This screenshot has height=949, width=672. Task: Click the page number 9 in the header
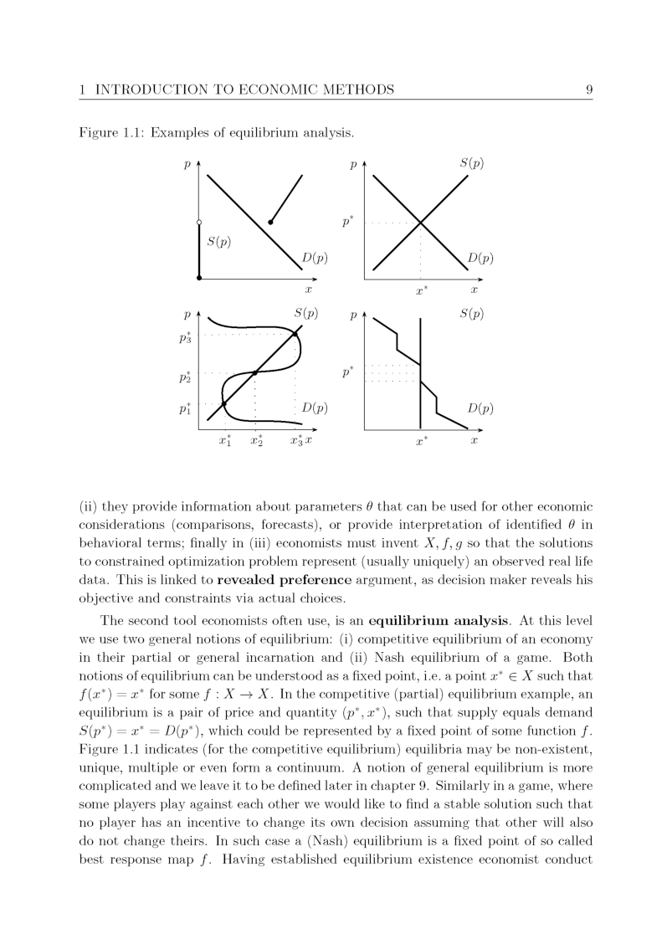point(589,90)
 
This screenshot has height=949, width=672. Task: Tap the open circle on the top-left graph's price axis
point(199,222)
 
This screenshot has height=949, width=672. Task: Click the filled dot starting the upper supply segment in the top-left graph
point(269,222)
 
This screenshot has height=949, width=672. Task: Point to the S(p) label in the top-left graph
point(218,242)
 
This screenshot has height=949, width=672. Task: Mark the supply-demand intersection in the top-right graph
point(420,223)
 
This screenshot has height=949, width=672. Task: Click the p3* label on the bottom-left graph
point(185,338)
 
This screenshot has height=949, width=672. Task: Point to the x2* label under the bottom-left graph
point(256,441)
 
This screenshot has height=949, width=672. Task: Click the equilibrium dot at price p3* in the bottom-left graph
point(295,335)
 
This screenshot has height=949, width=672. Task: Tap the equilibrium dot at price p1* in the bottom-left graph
point(223,403)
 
